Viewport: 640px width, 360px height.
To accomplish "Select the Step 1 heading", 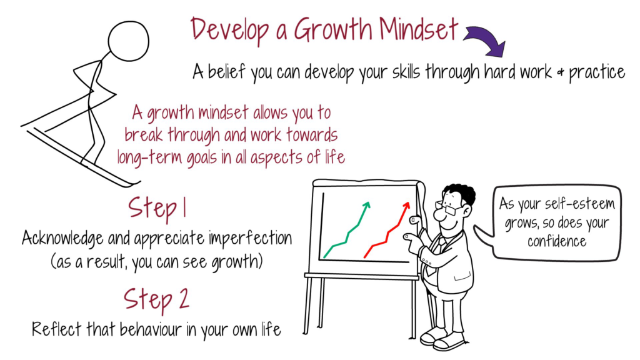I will point(157,208).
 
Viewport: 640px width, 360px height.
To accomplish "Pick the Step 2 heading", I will point(156,299).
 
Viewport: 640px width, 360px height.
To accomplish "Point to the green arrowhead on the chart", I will point(366,205).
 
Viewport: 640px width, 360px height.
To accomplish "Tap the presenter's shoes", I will point(441,338).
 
